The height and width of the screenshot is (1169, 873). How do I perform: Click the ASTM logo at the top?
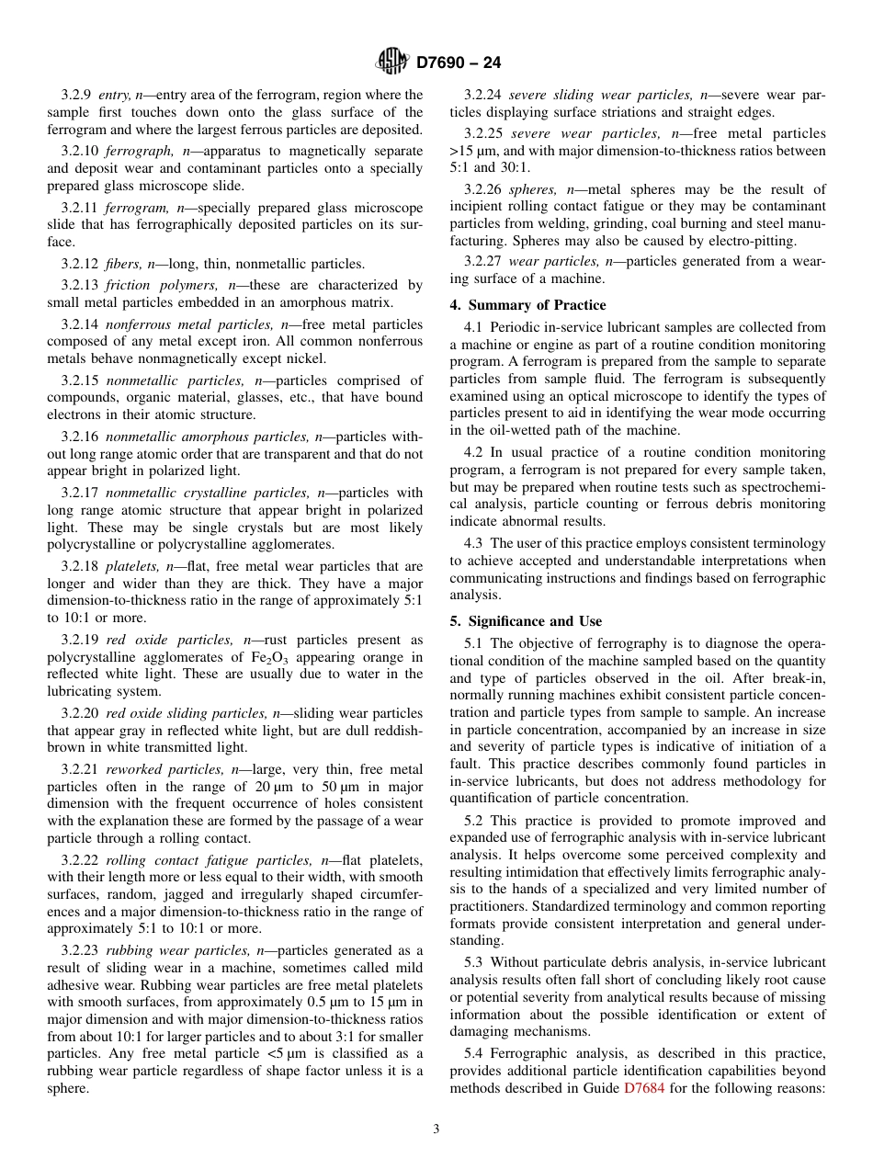pos(392,62)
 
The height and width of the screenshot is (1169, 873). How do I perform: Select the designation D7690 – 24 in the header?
pos(459,63)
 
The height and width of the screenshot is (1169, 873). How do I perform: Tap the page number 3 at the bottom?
pos(436,1129)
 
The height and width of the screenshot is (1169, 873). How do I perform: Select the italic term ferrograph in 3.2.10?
pos(135,151)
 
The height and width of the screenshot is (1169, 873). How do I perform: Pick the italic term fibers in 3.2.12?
pos(125,265)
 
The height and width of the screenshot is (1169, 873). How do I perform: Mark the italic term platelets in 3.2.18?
pos(131,566)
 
